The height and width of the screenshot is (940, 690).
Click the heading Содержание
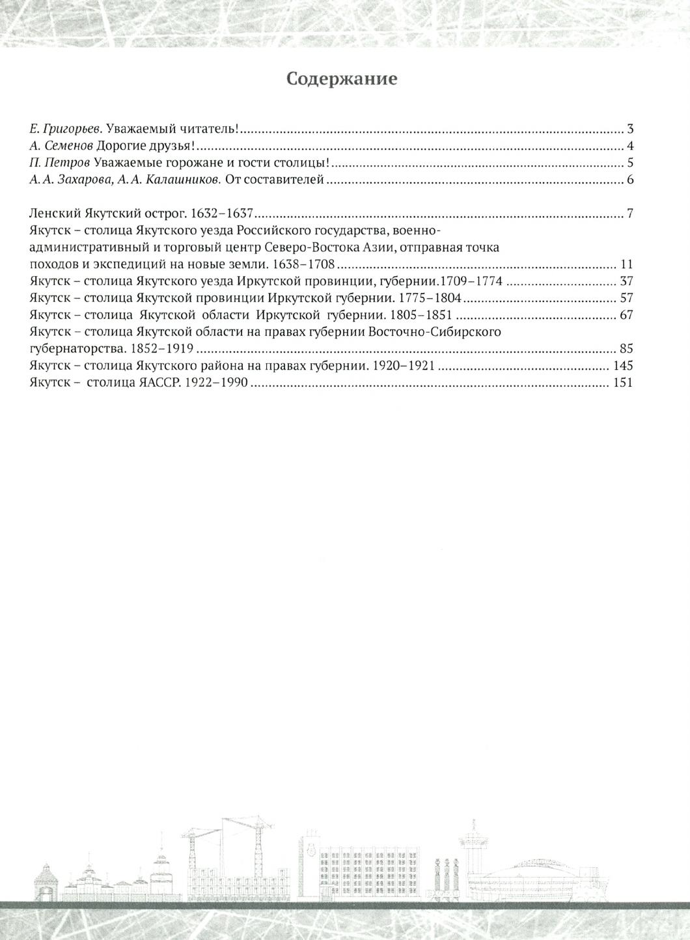(342, 79)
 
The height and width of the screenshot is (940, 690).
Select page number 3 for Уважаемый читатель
(630, 128)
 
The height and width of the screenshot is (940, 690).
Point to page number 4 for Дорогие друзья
(630, 146)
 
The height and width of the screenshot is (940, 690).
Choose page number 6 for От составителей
(630, 180)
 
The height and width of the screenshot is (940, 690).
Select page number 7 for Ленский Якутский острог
(630, 214)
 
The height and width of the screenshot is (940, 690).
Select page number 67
(626, 316)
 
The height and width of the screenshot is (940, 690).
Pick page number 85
(626, 349)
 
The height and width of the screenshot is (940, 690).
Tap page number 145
(623, 366)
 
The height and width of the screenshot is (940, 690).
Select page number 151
(623, 383)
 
